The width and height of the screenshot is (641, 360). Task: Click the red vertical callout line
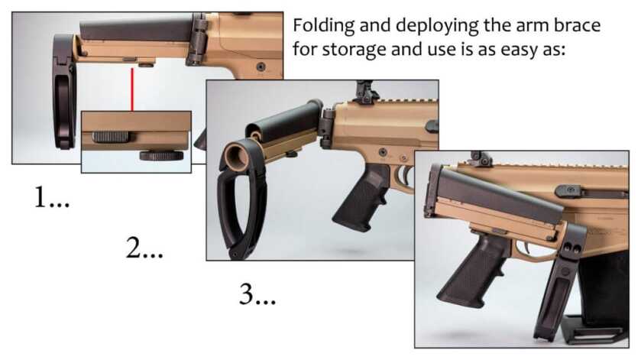click(x=132, y=89)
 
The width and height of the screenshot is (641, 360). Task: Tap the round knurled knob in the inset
click(x=160, y=155)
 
